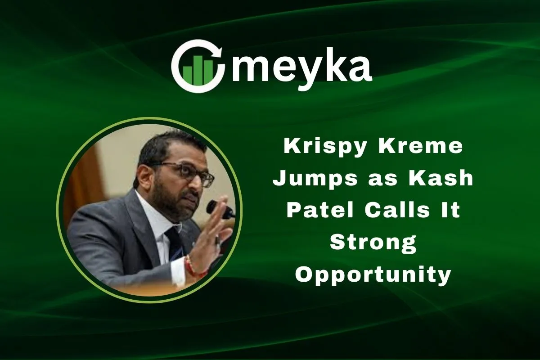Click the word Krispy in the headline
tap(325, 147)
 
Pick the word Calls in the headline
tap(397, 210)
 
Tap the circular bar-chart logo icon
tap(198, 66)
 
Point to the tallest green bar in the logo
tap(198, 70)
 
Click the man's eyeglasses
tap(187, 172)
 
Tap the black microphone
tap(220, 209)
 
